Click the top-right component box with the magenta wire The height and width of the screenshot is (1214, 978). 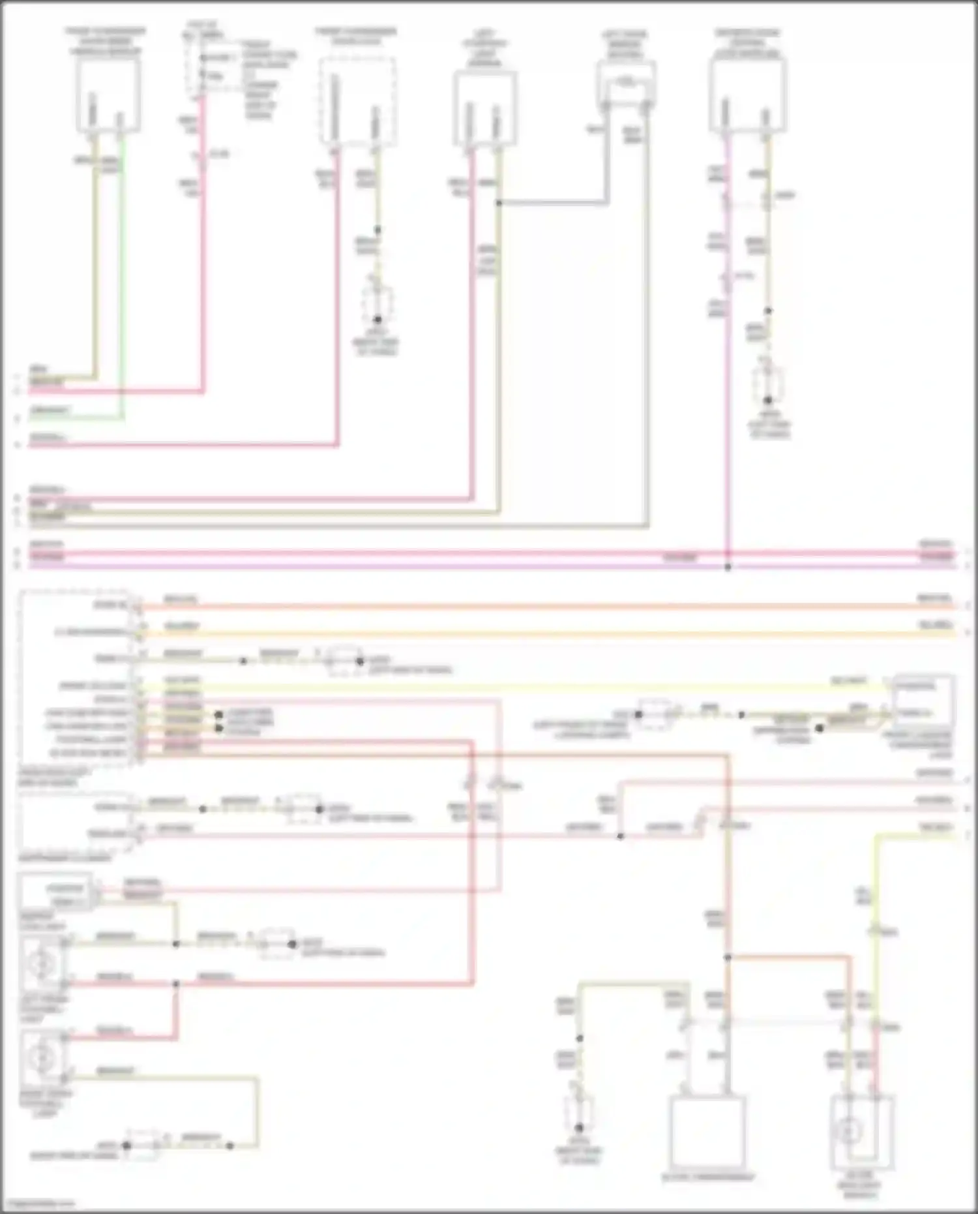tap(747, 95)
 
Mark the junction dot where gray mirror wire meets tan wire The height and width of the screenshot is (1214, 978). tap(499, 204)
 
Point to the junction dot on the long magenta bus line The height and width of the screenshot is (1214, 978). tap(728, 567)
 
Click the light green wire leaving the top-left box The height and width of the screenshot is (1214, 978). tap(122, 274)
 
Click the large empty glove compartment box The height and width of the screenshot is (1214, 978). tap(707, 1131)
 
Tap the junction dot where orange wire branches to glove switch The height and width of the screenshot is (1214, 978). tap(728, 958)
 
